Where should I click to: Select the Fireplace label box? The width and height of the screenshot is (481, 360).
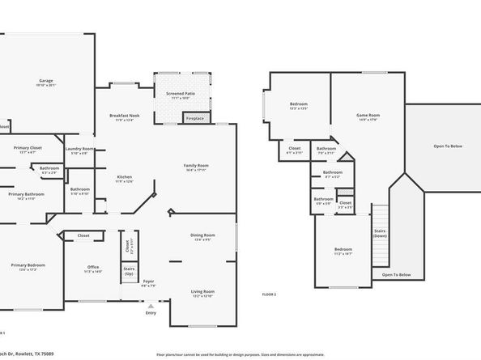(x=195, y=119)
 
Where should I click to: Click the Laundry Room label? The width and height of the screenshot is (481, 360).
(x=80, y=150)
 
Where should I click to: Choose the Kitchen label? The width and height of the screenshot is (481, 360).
(x=125, y=177)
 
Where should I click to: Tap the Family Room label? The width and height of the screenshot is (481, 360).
(x=196, y=166)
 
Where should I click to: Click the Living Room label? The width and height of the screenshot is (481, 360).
(x=202, y=291)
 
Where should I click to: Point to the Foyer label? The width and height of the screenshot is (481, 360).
(x=149, y=283)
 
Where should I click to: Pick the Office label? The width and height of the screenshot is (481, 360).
(x=93, y=268)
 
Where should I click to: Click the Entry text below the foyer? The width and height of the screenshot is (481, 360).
(x=151, y=313)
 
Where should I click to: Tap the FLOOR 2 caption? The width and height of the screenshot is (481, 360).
(x=269, y=294)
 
